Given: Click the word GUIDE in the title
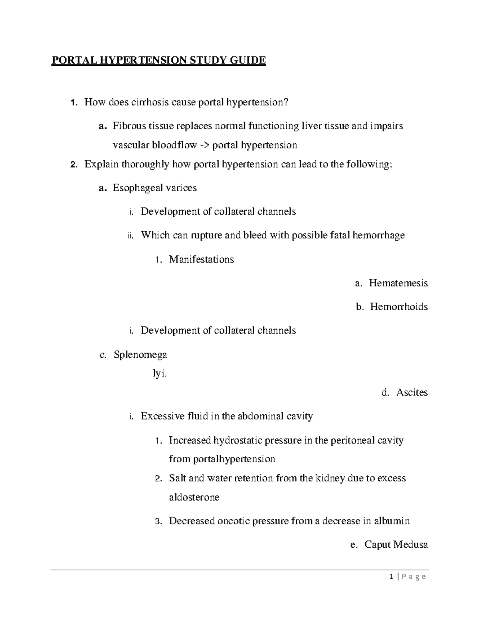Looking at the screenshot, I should point(248,60).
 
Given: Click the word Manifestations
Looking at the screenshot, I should point(201,259).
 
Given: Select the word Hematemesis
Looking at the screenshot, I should point(398,283).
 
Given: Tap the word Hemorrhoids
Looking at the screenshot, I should point(399,307).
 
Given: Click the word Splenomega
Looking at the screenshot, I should point(140,355).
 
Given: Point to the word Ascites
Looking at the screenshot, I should point(412,392).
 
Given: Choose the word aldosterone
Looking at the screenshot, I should point(194,497).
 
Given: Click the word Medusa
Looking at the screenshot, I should point(410,545).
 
